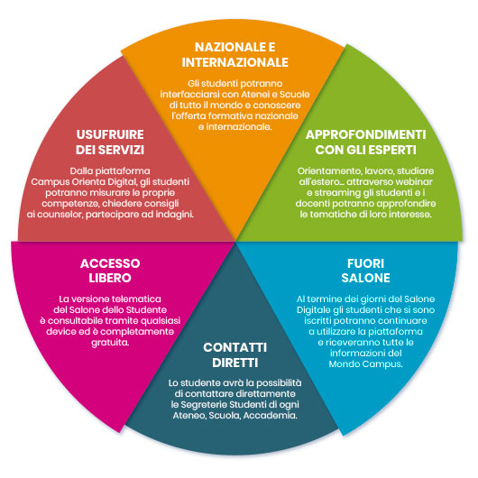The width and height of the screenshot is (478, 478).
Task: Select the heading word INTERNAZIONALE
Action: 235,62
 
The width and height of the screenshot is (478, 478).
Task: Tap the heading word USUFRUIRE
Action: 110,134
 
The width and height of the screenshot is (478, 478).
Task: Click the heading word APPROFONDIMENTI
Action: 366,134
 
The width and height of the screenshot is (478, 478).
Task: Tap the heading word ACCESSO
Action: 110,263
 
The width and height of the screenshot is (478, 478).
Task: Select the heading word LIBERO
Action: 110,278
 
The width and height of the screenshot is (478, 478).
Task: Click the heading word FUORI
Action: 366,263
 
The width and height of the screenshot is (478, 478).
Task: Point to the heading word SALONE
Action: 366,278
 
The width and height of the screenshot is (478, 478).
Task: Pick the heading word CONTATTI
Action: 235,347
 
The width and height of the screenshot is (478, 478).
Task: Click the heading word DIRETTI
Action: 235,363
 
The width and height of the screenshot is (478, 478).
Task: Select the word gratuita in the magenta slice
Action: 110,343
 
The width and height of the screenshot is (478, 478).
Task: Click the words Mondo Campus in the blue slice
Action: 366,364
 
